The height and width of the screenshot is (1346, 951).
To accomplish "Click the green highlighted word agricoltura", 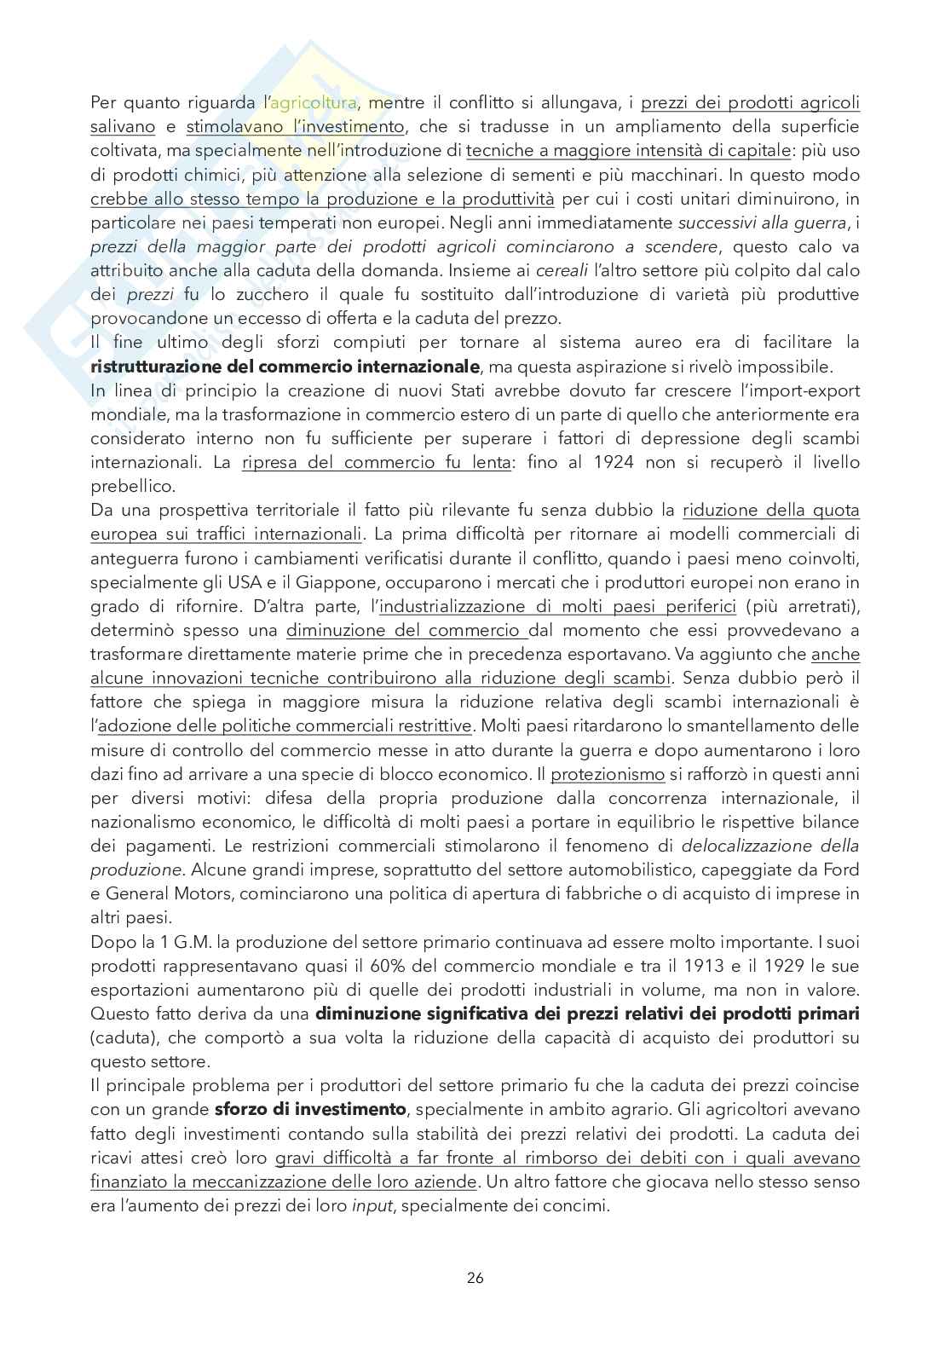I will (314, 104).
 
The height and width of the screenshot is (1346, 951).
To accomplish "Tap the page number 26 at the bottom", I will (475, 1278).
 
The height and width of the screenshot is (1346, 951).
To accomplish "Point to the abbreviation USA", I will (234, 582).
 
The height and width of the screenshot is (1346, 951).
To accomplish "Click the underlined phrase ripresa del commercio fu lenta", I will (377, 463).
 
